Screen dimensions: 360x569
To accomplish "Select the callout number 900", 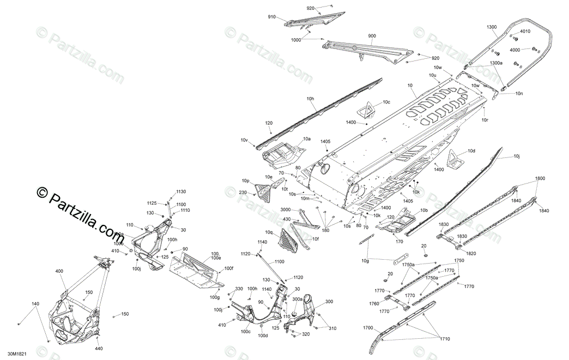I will (372, 36).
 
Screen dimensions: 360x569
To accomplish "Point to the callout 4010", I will (525, 32).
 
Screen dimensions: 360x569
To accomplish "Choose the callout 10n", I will (519, 93).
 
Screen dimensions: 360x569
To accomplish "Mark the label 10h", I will (310, 99).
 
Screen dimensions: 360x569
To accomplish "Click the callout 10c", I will (386, 102).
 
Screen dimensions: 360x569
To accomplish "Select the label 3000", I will (286, 210).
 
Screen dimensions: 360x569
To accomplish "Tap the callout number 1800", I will (539, 179).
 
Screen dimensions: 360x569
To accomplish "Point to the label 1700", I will (368, 328).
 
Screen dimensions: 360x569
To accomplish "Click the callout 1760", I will (374, 304).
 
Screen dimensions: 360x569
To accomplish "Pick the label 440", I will (99, 349).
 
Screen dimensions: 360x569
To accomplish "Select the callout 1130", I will (181, 192).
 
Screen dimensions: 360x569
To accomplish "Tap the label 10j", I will (517, 156).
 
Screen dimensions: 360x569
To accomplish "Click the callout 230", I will (243, 193).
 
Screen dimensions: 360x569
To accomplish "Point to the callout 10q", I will (269, 232).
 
